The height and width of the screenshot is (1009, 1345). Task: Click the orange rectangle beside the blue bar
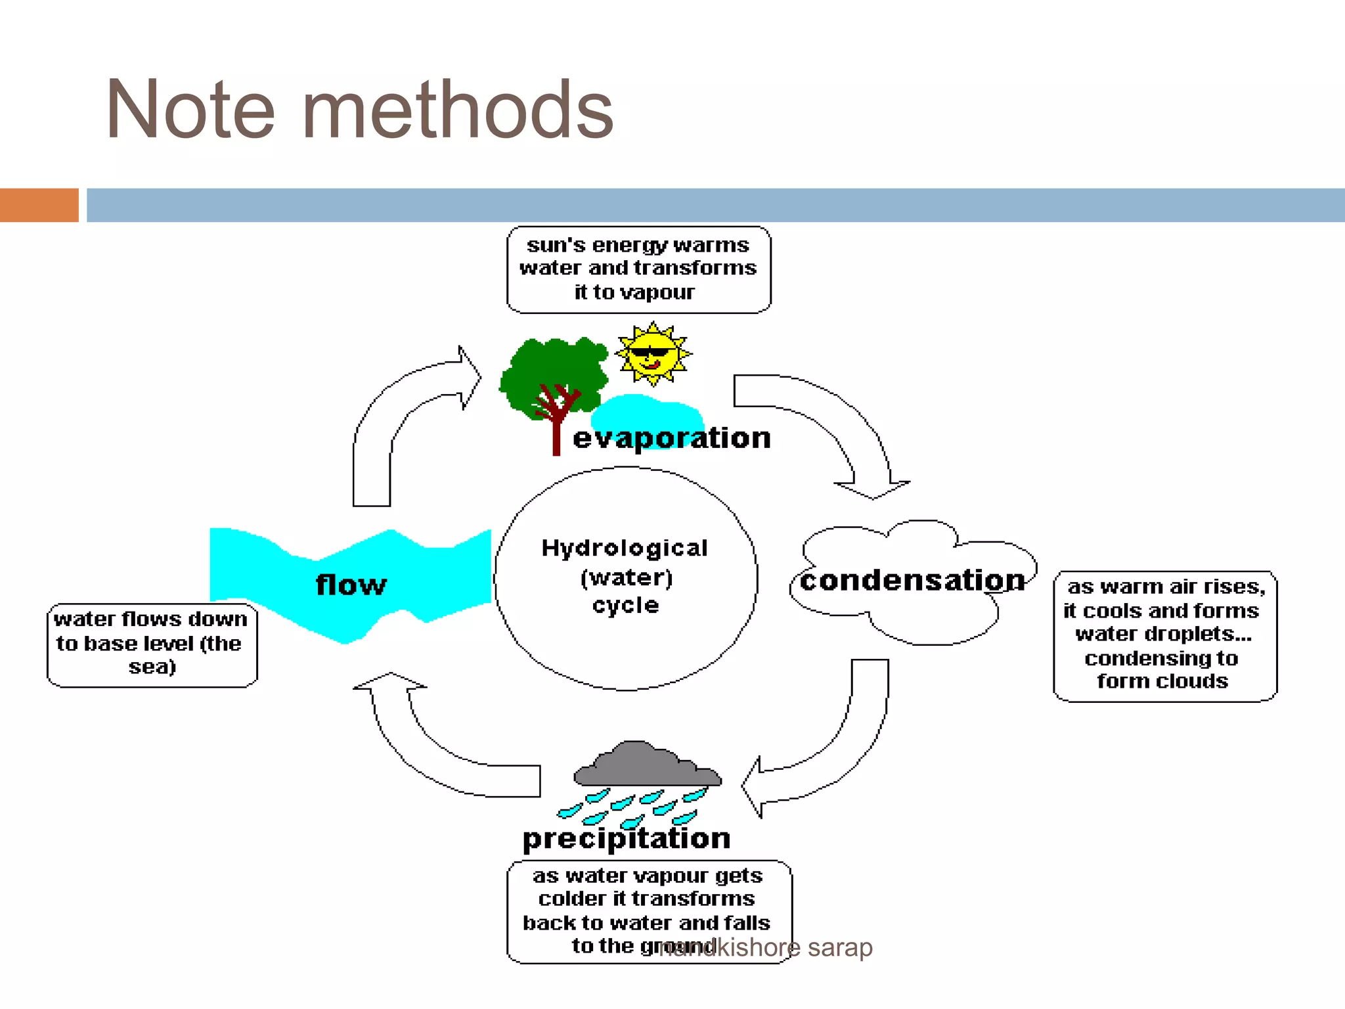click(x=39, y=205)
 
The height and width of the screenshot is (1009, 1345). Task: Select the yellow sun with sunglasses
click(x=653, y=353)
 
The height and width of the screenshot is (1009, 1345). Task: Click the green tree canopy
click(x=552, y=371)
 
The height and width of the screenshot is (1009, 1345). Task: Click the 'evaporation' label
click(x=671, y=438)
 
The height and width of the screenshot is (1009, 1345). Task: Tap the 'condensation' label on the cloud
click(x=912, y=581)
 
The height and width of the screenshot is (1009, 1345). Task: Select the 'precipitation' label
click(x=626, y=839)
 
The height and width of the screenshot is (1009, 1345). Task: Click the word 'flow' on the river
click(x=351, y=585)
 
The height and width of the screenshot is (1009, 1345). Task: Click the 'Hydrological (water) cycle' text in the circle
click(x=625, y=577)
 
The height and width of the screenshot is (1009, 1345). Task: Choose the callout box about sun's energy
click(x=638, y=269)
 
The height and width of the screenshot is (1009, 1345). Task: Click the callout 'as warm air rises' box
click(x=1164, y=635)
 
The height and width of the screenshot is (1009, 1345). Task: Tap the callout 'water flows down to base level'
click(x=152, y=644)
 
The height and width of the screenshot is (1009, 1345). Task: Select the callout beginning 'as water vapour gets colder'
click(x=648, y=910)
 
